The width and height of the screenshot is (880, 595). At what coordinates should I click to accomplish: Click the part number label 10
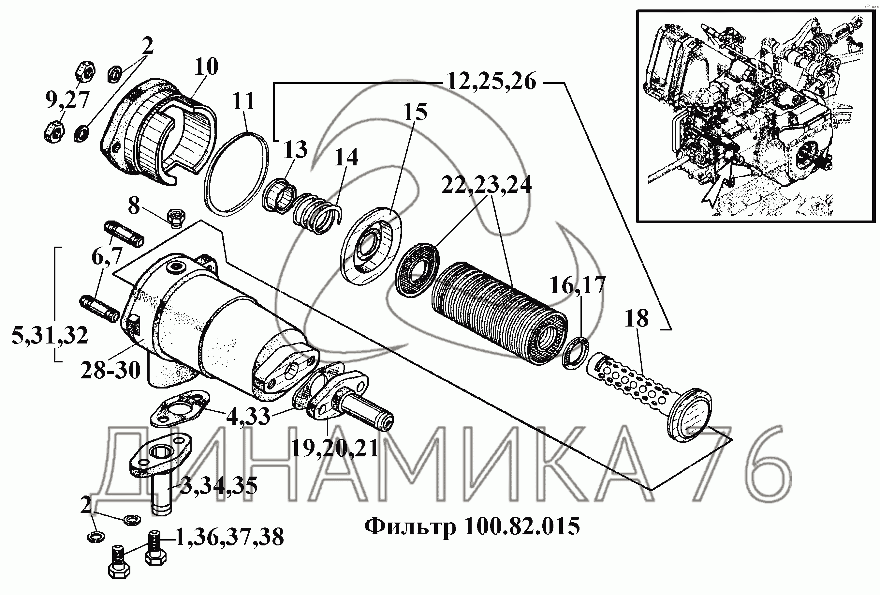tap(207, 67)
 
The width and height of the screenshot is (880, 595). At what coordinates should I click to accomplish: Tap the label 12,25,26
tap(491, 82)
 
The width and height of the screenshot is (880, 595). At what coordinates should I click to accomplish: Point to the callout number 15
tap(415, 112)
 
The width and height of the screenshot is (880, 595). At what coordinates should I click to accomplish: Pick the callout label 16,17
tap(578, 285)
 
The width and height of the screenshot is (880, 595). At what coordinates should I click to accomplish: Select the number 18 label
tap(637, 318)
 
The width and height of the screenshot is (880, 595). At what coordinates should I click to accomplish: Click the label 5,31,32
tap(50, 335)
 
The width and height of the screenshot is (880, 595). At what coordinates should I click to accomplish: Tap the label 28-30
tap(110, 370)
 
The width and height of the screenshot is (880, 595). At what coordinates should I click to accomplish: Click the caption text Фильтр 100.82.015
tap(472, 526)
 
